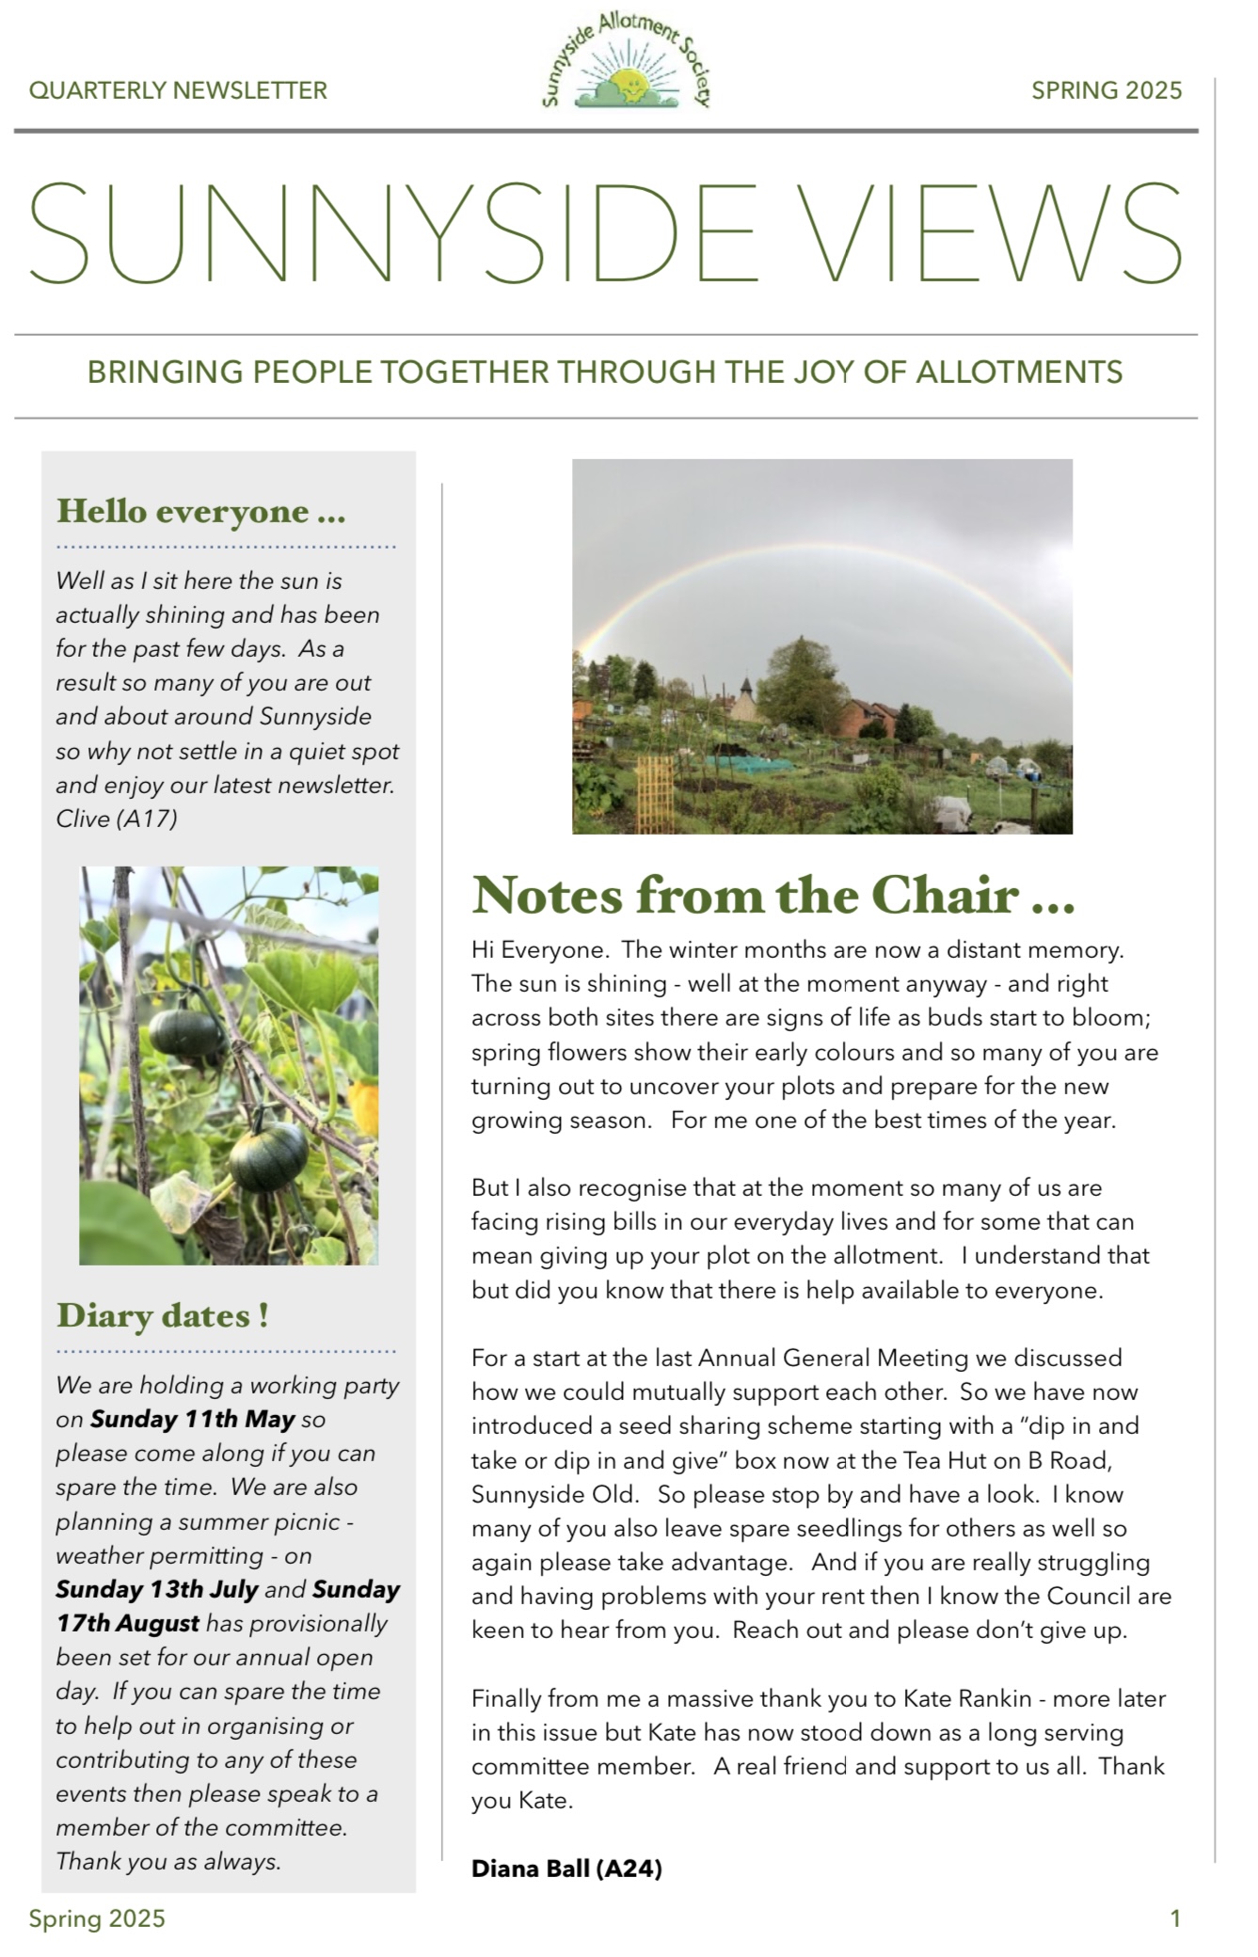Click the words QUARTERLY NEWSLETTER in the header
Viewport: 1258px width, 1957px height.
pos(178,91)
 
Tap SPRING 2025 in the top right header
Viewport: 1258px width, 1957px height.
pos(1106,90)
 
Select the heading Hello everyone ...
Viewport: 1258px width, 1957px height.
pos(201,512)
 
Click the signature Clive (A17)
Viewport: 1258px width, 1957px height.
pos(117,819)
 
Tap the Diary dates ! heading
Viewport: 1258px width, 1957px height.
pos(163,1315)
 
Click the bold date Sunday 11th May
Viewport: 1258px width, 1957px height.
pos(193,1419)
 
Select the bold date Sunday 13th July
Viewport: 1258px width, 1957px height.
pos(157,1589)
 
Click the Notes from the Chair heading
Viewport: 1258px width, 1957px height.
pos(772,895)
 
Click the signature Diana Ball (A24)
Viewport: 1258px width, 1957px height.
pos(566,1869)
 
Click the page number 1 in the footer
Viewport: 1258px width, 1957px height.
pos(1174,1918)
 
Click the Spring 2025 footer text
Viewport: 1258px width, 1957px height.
pos(97,1918)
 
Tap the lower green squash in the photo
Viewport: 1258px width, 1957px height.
pos(270,1157)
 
